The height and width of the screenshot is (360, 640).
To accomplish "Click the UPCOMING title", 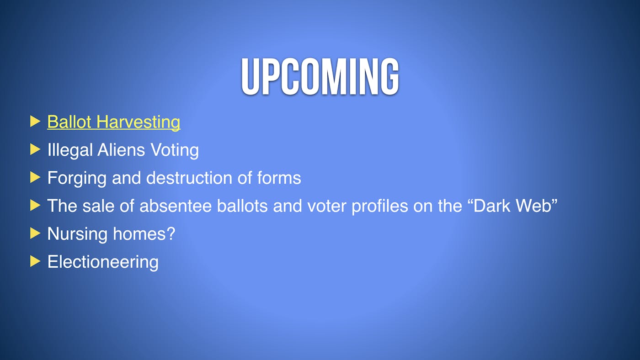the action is pos(320,76).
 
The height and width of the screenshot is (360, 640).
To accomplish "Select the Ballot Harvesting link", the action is pos(114,122).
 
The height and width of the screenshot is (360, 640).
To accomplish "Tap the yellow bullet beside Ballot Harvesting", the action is pos(35,122).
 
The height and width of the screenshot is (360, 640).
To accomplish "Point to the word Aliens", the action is pos(121,149).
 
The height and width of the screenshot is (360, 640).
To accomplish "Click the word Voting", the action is pos(175,150).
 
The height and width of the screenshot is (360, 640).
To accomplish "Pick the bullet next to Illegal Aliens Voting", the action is pos(35,149).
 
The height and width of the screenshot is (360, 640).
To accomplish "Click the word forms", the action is pos(279,178).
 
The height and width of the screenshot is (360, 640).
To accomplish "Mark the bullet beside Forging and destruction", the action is pos(35,177).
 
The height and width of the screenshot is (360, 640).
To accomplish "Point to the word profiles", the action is pos(380,206).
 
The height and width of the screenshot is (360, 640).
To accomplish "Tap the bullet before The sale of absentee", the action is pos(35,205).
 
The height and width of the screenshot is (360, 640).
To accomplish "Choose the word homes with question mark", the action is pos(144,233).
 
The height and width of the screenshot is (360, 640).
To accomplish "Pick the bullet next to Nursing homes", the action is pos(35,233).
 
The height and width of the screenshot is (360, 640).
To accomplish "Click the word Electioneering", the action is pos(103,262).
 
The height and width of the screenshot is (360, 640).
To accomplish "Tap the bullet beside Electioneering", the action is pos(35,261).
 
